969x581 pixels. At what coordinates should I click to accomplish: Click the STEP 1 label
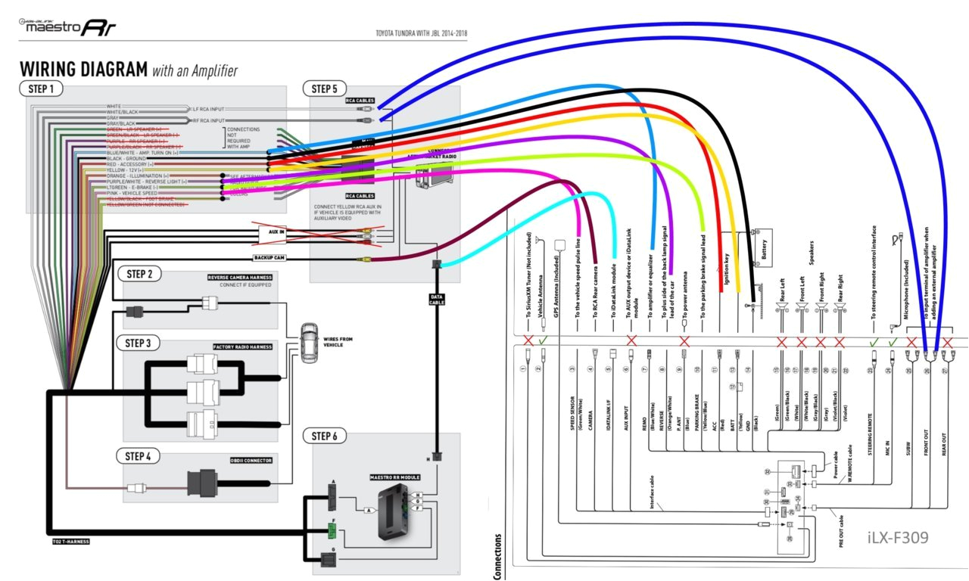41,89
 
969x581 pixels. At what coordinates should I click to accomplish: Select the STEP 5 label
325,89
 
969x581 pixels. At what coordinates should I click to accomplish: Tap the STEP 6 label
325,436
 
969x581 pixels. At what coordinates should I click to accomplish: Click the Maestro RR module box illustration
397,512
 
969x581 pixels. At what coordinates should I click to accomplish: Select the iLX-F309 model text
898,537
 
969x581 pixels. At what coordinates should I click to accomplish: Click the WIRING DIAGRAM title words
83,70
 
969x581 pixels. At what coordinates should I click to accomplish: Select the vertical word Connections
498,556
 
